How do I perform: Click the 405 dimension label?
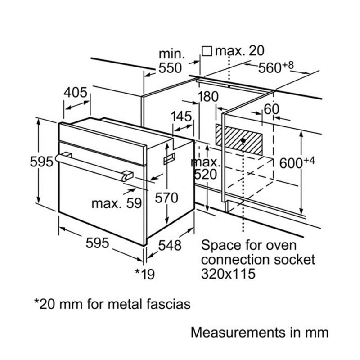(75, 93)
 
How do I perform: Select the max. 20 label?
(239, 51)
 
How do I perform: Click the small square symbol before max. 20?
(207, 51)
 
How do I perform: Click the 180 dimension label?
(207, 96)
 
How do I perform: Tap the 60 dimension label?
(272, 109)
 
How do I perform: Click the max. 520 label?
(206, 167)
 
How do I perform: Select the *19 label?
(145, 273)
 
